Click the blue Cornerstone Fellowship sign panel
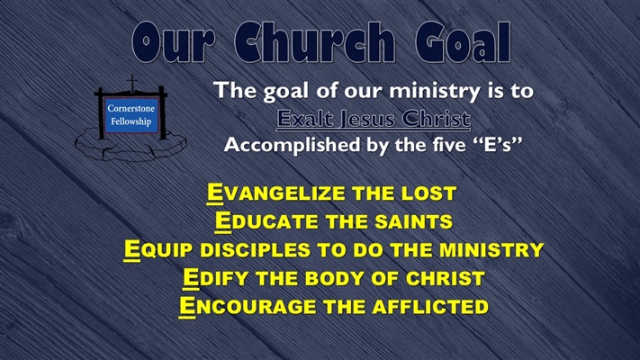131,114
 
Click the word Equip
154,249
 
